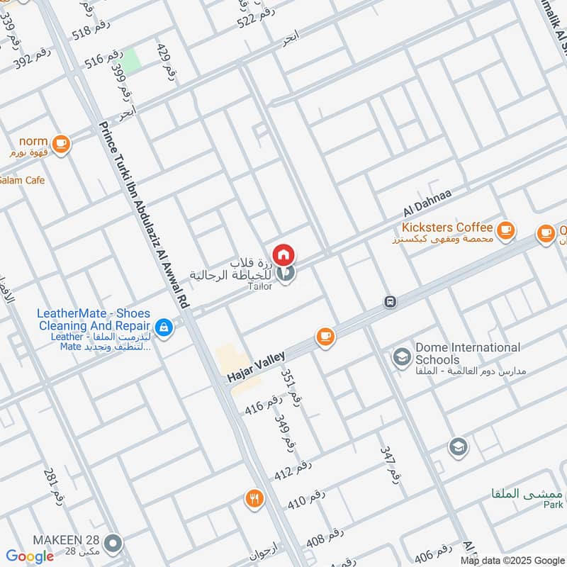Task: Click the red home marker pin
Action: pos(283,254)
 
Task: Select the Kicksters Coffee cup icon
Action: pos(505,229)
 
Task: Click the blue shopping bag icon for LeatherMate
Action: pos(164,327)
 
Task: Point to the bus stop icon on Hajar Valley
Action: pos(390,302)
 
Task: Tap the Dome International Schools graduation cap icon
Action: pos(402,357)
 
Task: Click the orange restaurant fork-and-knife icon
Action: pos(254,499)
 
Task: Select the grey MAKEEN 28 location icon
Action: pos(112,544)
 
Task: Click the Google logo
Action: pos(30,556)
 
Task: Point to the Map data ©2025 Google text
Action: pos(512,561)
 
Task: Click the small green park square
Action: pos(132,60)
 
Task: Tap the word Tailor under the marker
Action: pos(259,286)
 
